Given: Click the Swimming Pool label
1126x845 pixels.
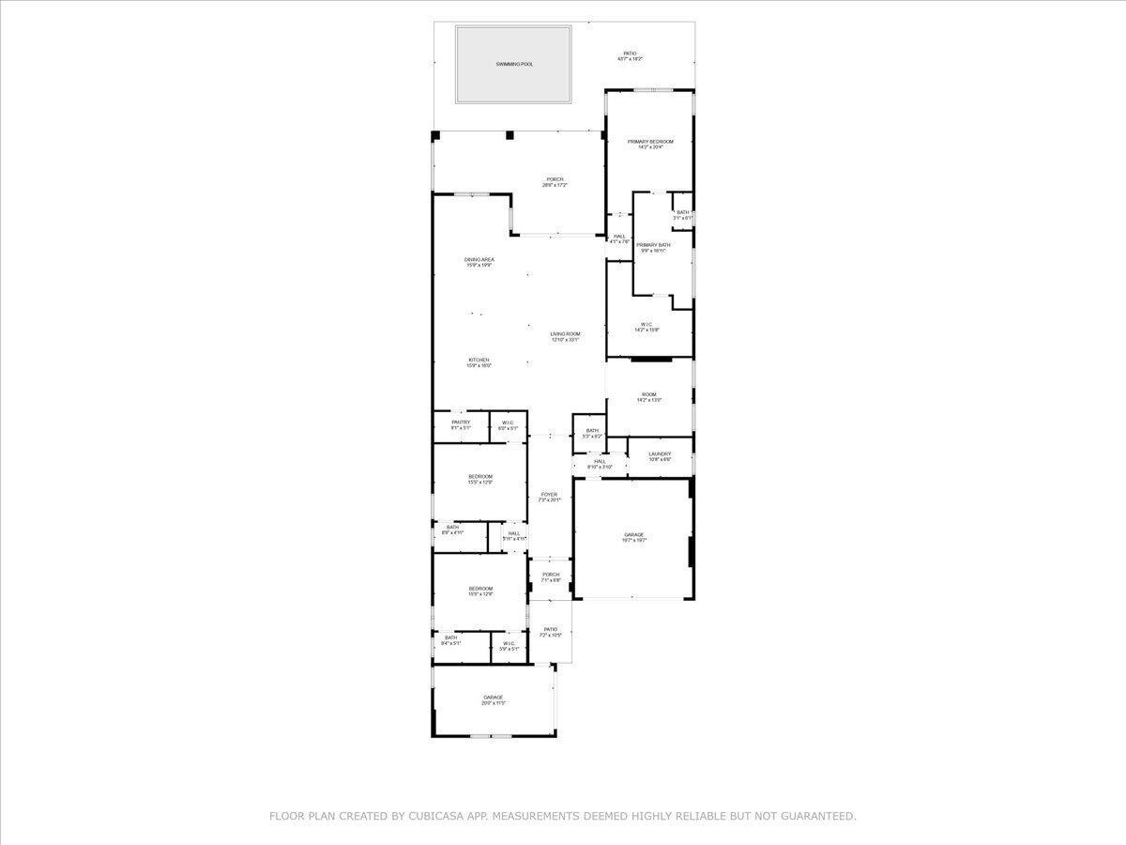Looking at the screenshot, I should tap(514, 64).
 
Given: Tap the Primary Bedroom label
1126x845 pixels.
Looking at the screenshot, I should tap(650, 142).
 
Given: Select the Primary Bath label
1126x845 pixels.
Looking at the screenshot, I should tap(653, 245).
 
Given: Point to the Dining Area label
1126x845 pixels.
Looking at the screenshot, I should tap(479, 260).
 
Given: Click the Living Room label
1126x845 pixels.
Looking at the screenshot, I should tap(565, 334).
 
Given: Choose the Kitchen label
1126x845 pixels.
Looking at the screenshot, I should tap(479, 361).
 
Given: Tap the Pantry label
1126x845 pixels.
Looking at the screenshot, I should tap(461, 422).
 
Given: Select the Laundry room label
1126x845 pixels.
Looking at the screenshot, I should tap(660, 454).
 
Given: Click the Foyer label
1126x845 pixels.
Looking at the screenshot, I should tap(549, 495).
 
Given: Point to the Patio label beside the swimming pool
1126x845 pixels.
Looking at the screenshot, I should tap(630, 54).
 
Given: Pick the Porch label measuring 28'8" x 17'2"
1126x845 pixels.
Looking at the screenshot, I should tap(555, 179).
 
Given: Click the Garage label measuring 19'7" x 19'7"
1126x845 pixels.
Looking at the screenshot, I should tap(634, 535).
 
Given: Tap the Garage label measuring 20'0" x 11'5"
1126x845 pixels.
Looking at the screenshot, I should tap(494, 698).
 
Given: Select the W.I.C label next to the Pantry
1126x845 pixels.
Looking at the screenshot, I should tap(508, 422).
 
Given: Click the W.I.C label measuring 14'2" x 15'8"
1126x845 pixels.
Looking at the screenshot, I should tap(647, 325).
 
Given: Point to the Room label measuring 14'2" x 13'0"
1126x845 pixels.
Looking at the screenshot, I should tap(649, 395).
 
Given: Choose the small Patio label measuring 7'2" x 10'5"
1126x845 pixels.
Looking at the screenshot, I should tap(551, 630).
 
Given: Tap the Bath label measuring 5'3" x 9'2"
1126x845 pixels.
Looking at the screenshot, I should tap(592, 431).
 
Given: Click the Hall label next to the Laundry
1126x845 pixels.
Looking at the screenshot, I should tap(600, 462).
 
